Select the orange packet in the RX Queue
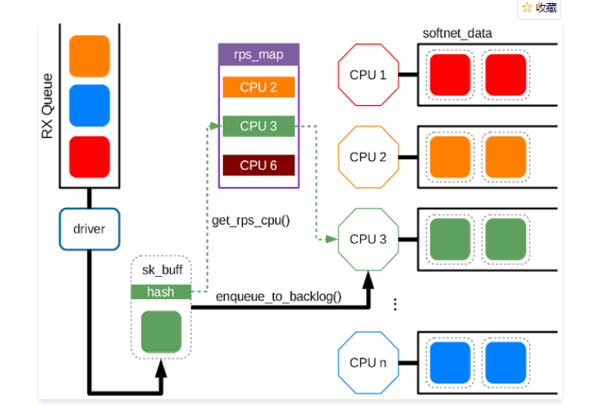pos(89,56)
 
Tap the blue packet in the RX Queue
pos(89,105)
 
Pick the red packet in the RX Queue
pos(89,156)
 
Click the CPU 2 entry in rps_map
pos(258,87)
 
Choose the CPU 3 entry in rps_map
pos(258,127)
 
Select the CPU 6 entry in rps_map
pos(258,165)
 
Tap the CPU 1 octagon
pos(368,75)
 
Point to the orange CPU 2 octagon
pos(368,157)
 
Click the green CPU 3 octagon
pos(368,239)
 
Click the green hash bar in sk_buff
pos(160,292)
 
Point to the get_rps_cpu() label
pos(250,220)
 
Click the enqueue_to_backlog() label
pos(279,297)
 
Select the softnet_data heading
pos(456,33)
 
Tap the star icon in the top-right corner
pos(527,7)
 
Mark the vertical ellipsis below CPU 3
pos(395,305)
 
